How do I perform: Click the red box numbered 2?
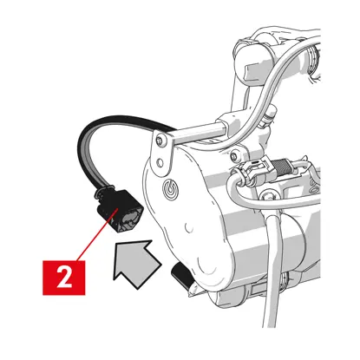tap(64, 278)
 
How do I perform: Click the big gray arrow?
tap(136, 262)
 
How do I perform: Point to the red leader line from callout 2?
tap(97, 235)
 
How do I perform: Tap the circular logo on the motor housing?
tap(170, 188)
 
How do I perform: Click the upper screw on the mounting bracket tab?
tap(159, 141)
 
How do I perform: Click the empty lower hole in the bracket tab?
tap(159, 163)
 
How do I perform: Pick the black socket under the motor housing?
tap(182, 275)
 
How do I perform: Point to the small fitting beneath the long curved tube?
tap(267, 117)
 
